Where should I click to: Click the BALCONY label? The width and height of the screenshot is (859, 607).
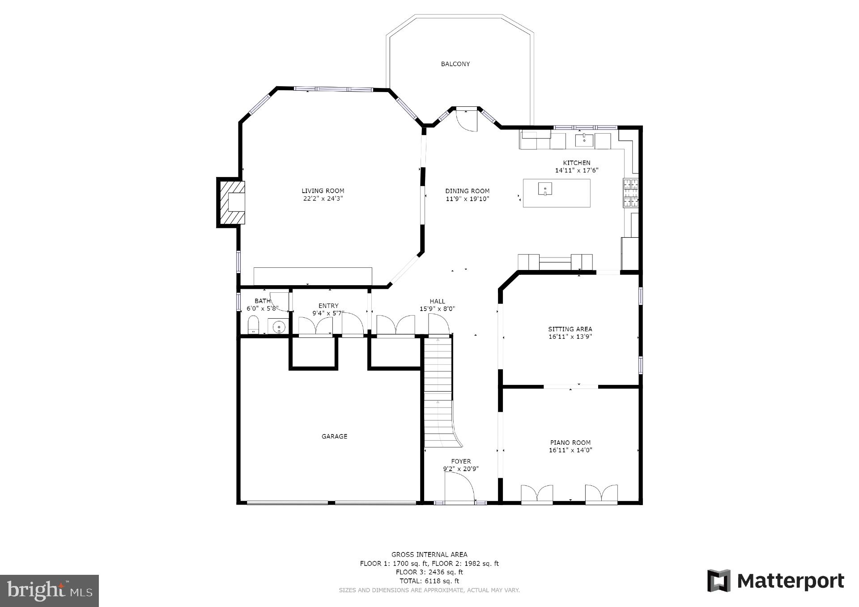(x=455, y=64)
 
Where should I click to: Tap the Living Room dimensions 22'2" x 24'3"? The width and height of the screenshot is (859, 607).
(x=323, y=198)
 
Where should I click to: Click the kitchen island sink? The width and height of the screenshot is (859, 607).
(x=545, y=189)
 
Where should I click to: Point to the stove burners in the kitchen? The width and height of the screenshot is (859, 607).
(x=631, y=193)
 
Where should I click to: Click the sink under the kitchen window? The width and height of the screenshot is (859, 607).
(x=584, y=140)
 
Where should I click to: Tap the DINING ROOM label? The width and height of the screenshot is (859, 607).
(x=467, y=191)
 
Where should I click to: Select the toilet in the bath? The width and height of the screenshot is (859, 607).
(x=254, y=325)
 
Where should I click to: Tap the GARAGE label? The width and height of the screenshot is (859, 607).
(x=334, y=436)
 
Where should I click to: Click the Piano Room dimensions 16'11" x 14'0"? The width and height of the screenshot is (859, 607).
(x=570, y=451)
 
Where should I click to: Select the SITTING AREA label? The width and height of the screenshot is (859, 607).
(x=570, y=329)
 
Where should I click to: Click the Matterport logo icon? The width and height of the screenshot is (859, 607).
(x=719, y=581)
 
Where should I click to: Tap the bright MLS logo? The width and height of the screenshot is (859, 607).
(x=49, y=590)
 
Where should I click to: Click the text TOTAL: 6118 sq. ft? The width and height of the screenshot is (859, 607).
(x=429, y=581)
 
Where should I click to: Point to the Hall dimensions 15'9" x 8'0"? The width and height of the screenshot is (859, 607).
(x=437, y=309)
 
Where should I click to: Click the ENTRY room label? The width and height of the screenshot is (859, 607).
(x=328, y=306)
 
